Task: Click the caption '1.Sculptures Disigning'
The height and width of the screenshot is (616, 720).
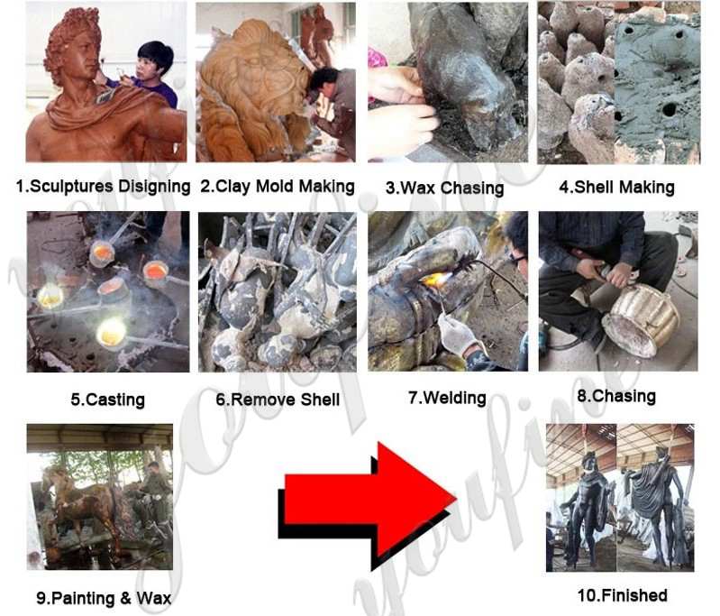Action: point(103,186)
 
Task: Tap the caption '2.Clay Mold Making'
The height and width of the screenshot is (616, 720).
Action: point(278,186)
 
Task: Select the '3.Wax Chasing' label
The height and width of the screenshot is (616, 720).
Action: point(444,188)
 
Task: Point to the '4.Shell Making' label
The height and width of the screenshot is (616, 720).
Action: point(616,187)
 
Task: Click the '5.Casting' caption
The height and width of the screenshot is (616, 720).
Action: point(107,399)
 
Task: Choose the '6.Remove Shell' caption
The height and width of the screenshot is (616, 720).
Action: point(278,399)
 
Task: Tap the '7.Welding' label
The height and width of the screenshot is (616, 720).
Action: point(447,398)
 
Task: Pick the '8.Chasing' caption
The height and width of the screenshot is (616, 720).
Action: point(616,396)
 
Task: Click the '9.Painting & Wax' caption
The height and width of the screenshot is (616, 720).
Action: point(104,598)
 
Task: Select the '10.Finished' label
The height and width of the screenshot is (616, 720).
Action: point(622,595)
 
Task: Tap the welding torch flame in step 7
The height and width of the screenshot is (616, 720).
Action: point(433,279)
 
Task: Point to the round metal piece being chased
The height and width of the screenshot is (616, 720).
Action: point(642,320)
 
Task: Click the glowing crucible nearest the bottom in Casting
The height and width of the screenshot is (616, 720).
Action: point(112,332)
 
